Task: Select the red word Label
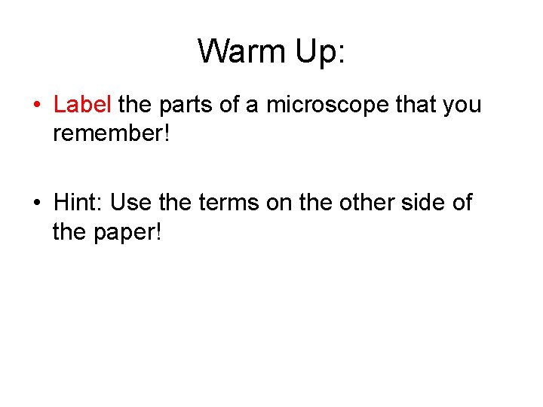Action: [82, 104]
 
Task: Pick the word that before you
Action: [419, 104]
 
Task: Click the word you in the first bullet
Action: [463, 104]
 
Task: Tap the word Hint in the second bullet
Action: [78, 202]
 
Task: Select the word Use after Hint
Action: [130, 202]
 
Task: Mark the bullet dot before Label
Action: [38, 106]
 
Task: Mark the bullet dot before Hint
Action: [38, 203]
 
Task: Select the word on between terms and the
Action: [283, 202]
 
